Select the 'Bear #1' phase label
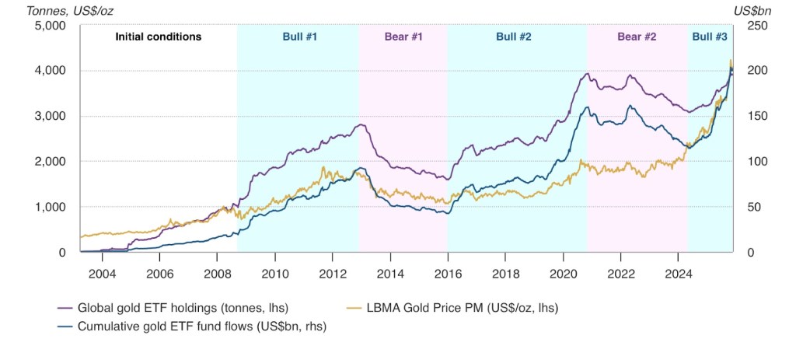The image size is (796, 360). (402, 37)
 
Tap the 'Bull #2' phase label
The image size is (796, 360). (514, 37)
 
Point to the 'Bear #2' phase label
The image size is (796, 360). (637, 37)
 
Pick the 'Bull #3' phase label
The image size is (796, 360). (710, 37)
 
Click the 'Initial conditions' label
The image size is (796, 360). (159, 37)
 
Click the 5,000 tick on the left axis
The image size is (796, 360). (51, 26)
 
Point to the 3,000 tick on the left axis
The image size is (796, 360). (51, 116)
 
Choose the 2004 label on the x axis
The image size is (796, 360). (102, 274)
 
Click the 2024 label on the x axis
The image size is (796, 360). (679, 274)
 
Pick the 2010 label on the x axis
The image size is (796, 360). (275, 274)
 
